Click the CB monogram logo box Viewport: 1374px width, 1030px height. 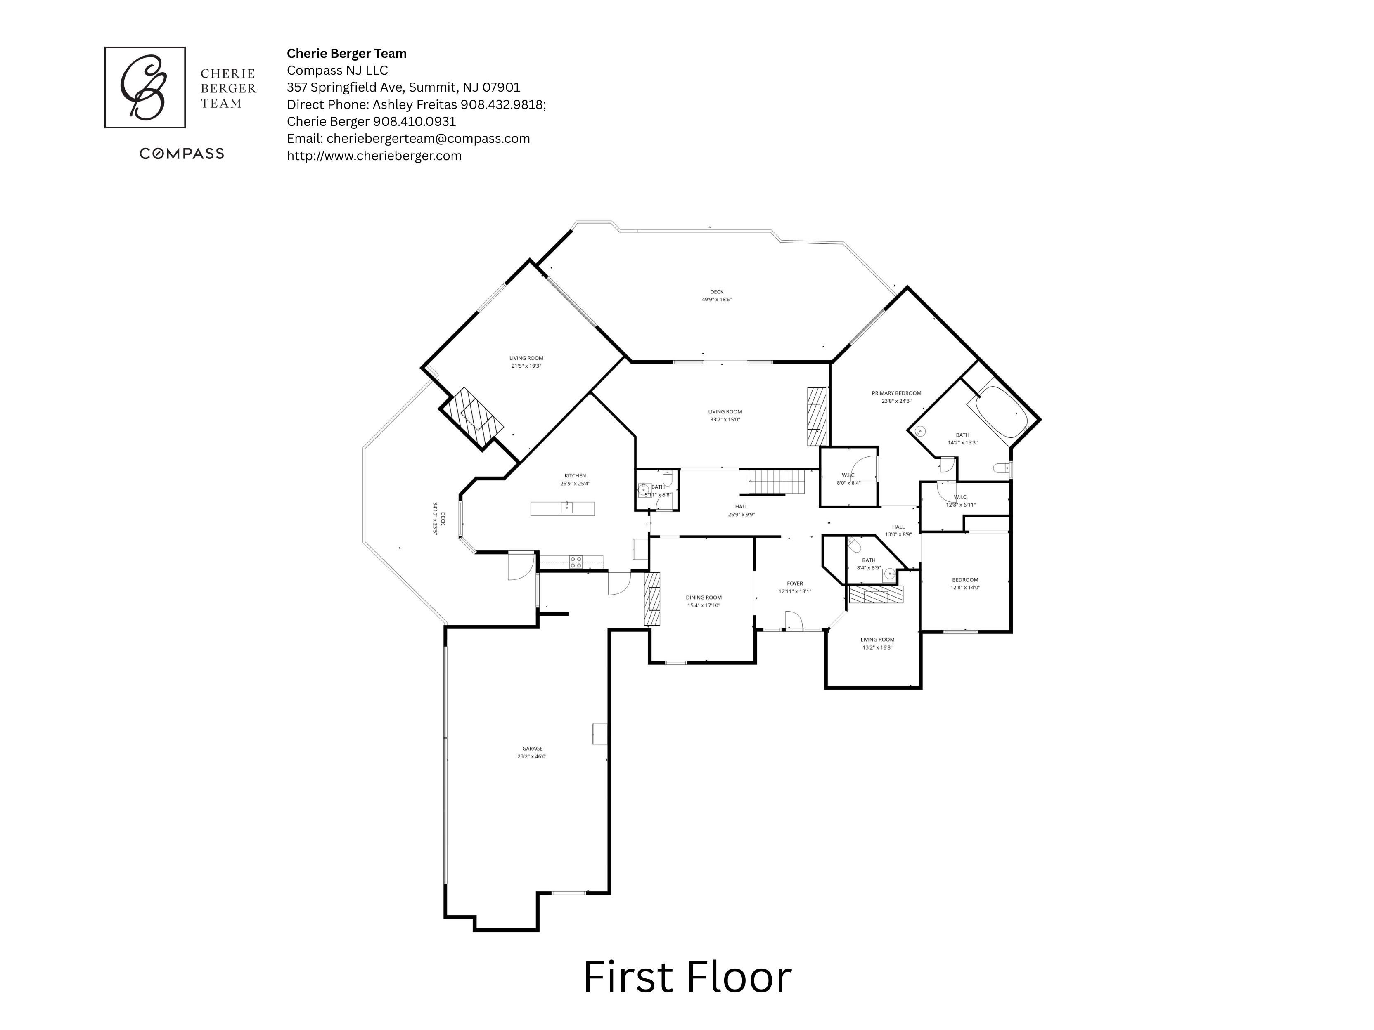point(145,87)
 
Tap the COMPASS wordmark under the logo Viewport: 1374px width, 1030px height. point(181,154)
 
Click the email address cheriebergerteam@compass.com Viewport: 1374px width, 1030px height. point(428,139)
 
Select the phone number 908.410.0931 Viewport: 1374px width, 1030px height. point(415,122)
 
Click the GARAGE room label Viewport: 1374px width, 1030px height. point(532,749)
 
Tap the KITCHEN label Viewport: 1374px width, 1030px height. point(575,475)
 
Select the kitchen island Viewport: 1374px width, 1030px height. point(562,508)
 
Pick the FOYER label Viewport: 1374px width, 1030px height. point(794,584)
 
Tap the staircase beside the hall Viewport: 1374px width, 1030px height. point(777,482)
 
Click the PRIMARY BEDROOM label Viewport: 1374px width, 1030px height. point(896,393)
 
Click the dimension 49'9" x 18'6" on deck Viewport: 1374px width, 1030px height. point(716,299)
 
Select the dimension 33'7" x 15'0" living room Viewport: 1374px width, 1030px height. point(725,420)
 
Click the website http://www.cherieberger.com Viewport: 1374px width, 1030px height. point(374,156)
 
